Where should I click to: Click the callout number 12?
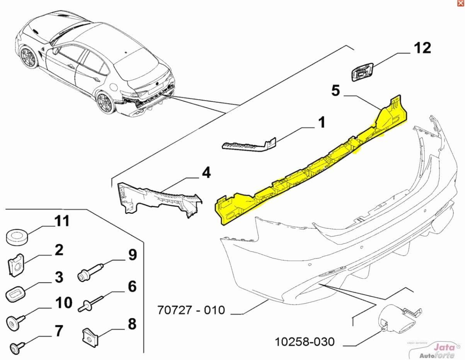tap(422, 48)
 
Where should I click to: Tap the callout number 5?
tap(335, 91)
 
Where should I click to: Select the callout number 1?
tap(321, 123)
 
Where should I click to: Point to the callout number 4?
tap(207, 172)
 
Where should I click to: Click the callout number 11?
tap(61, 222)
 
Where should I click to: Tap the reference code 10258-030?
tap(305, 342)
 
